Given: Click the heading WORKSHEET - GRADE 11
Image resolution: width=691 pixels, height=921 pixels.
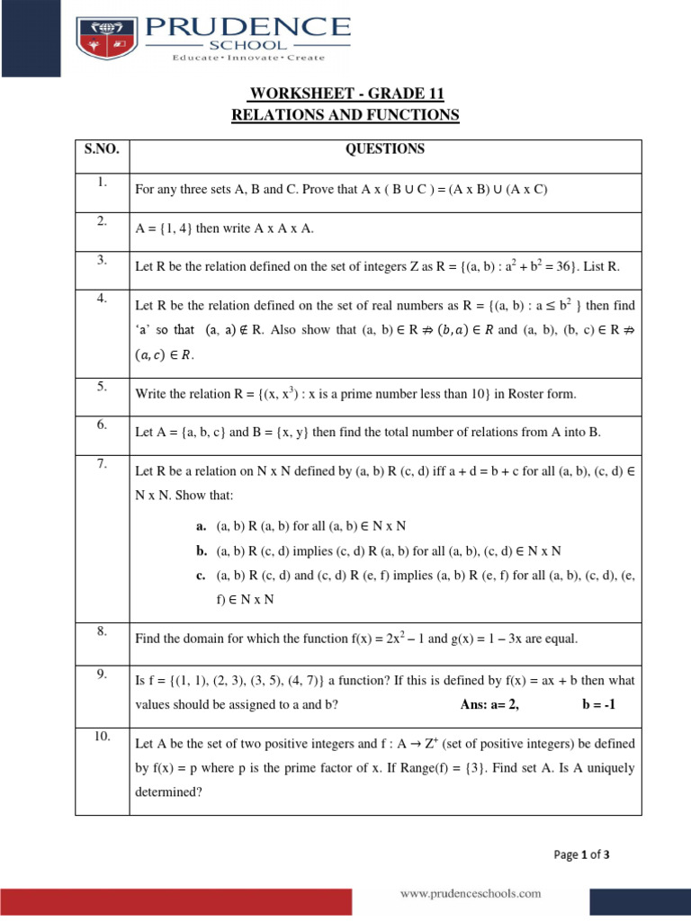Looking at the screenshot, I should (x=345, y=94).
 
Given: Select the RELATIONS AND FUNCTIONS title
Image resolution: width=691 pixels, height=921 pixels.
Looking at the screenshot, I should (x=345, y=115).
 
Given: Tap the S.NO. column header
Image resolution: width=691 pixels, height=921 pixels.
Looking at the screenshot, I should (x=102, y=148).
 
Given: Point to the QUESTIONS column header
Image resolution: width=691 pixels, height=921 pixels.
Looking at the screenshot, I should (x=385, y=149).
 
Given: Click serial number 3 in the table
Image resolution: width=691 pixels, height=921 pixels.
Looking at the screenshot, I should (x=102, y=260).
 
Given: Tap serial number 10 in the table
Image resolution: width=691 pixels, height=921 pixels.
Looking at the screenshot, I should (x=102, y=737).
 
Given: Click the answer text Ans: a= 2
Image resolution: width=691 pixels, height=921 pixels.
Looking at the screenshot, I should (x=489, y=705).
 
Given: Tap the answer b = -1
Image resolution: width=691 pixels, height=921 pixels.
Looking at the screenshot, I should (x=598, y=705).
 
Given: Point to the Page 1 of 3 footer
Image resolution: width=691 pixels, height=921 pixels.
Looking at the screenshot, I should (x=580, y=854).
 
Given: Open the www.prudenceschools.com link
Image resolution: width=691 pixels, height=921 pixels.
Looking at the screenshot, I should (x=471, y=893).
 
